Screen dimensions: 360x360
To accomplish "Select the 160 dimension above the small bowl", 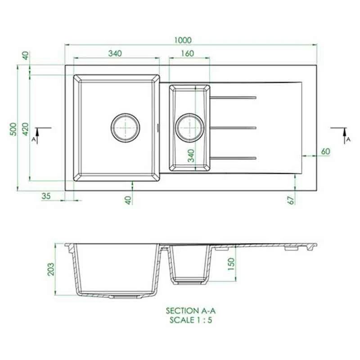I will tap(188, 54).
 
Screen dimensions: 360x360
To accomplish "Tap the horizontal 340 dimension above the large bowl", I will tap(115, 54).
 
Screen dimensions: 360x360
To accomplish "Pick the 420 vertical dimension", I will tap(26, 128).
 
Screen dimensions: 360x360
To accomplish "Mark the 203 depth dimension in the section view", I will tap(51, 269).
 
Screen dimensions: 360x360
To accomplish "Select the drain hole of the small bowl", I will tap(190, 128).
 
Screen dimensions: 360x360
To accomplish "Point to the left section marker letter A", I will tap(33, 140).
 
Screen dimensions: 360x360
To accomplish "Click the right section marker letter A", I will tap(348, 140).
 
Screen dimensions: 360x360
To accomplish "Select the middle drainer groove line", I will tap(233, 128).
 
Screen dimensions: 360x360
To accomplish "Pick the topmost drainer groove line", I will tap(233, 97).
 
